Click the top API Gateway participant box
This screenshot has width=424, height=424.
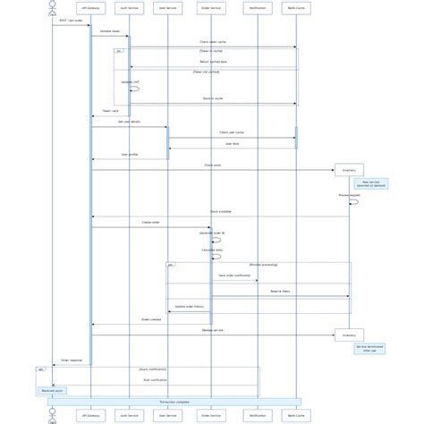pyautogui.click(x=90, y=8)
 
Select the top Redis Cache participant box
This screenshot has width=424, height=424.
pyautogui.click(x=296, y=8)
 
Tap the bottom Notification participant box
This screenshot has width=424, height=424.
pyautogui.click(x=258, y=415)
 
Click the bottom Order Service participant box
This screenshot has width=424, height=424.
pyautogui.click(x=211, y=415)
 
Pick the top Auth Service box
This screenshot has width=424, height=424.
pyautogui.click(x=129, y=8)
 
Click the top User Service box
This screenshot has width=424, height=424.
pyautogui.click(x=167, y=8)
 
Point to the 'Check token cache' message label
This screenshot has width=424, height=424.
pyautogui.click(x=213, y=42)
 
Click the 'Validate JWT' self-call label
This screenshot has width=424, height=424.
pyautogui.click(x=131, y=82)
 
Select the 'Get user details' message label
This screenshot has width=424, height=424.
pyautogui.click(x=129, y=122)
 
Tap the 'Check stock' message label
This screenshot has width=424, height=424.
pyautogui.click(x=213, y=165)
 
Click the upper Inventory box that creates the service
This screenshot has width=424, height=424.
pyautogui.click(x=349, y=170)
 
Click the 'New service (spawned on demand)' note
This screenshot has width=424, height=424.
pyautogui.click(x=370, y=183)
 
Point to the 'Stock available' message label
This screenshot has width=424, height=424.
pyautogui.click(x=220, y=212)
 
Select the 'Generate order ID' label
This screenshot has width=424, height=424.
pyautogui.click(x=212, y=233)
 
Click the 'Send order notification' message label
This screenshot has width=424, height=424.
pyautogui.click(x=234, y=276)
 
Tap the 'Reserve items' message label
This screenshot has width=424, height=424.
pyautogui.click(x=280, y=292)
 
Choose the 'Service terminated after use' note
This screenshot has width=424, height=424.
pyautogui.click(x=369, y=349)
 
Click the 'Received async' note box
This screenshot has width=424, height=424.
pyautogui.click(x=52, y=391)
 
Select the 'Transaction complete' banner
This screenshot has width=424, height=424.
pyautogui.click(x=174, y=403)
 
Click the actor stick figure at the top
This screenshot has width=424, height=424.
pyautogui.click(x=52, y=7)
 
